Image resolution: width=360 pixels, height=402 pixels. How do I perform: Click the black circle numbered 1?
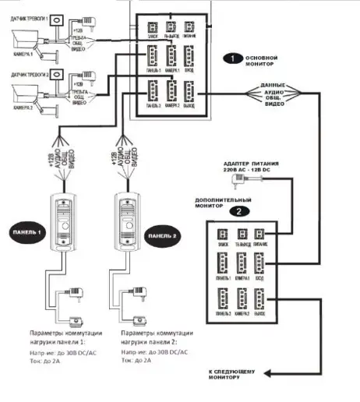(x=231, y=58)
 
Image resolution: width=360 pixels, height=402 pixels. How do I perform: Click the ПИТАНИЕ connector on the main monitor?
(x=191, y=28)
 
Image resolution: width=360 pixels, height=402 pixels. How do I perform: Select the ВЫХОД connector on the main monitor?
(x=191, y=93)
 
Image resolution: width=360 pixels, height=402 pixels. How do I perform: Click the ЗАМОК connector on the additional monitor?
(x=221, y=235)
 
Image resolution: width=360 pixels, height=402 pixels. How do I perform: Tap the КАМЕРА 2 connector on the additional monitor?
(x=242, y=298)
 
